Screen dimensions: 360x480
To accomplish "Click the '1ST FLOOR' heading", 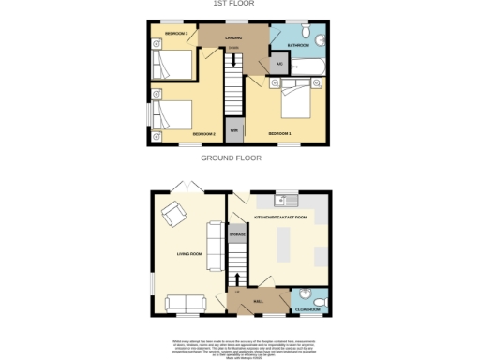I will click(240, 4).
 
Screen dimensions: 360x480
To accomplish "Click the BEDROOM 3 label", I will click(176, 34).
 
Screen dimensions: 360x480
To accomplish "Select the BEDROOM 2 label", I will click(204, 134).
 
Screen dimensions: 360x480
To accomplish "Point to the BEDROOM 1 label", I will click(279, 134).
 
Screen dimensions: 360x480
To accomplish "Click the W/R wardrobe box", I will click(233, 131).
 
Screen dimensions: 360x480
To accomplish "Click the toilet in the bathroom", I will click(319, 40).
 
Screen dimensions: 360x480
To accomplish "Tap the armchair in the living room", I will click(174, 217).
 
